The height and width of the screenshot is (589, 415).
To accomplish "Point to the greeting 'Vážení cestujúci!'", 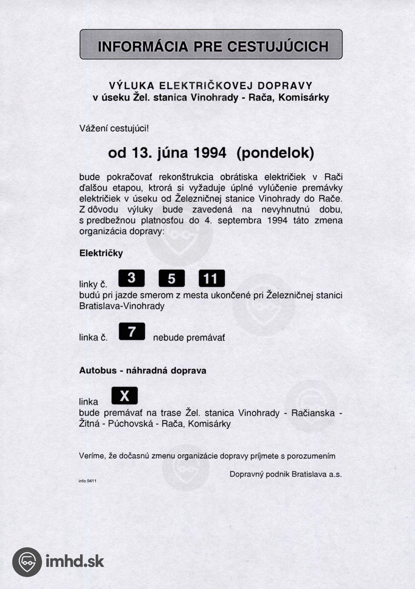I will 114,128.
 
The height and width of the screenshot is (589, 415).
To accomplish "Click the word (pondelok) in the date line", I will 275,153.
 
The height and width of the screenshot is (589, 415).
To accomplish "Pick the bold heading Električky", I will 101,253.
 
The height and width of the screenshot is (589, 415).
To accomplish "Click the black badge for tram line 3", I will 131,278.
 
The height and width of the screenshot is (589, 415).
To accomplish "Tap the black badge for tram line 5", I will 171,278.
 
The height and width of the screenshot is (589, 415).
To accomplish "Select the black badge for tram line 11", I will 212,278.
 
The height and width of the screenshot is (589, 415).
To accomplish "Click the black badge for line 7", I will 132,332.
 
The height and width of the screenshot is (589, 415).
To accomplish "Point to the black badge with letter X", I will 125,396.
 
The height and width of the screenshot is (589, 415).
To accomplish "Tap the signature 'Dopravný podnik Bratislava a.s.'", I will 286,474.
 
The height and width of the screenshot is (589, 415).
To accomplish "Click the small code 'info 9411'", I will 87,481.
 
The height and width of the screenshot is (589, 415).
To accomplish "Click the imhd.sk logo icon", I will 27,562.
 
